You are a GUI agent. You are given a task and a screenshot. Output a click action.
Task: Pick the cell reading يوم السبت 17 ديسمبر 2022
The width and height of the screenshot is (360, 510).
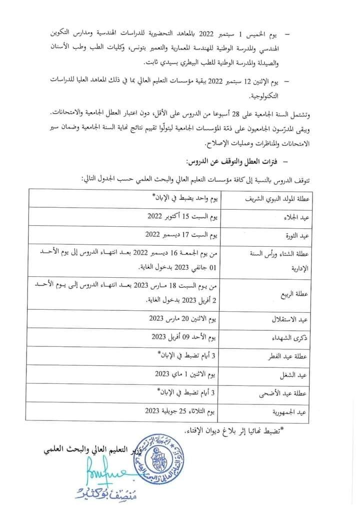(x=180, y=234)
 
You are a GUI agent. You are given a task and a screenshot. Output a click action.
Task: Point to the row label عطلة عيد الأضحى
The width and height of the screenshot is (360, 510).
(x=295, y=393)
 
